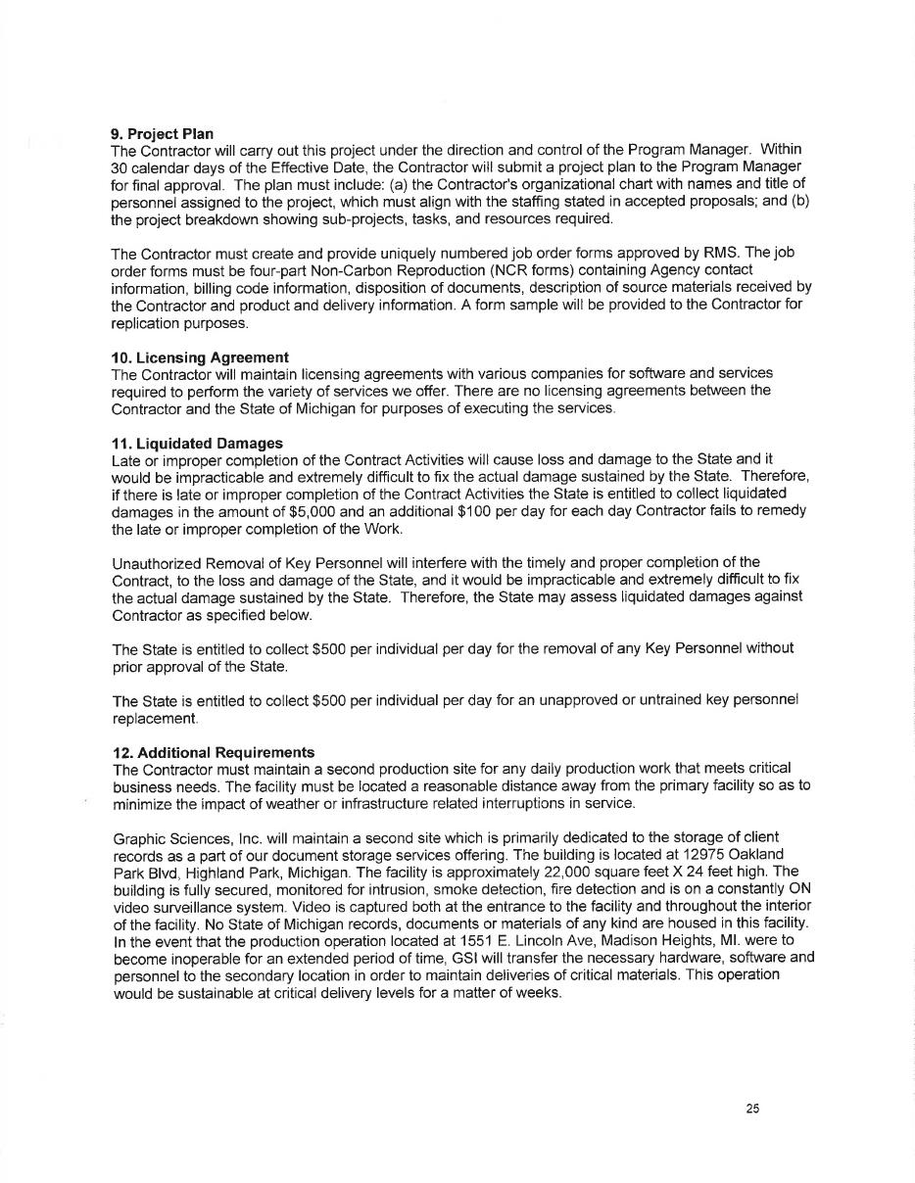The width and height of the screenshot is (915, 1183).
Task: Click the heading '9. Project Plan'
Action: [162, 133]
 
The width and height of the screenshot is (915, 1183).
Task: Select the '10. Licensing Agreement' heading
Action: [200, 356]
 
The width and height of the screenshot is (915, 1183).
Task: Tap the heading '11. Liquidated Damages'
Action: [197, 443]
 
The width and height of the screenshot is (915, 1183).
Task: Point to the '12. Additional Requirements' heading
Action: [213, 752]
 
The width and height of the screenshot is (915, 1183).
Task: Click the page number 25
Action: [752, 1109]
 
